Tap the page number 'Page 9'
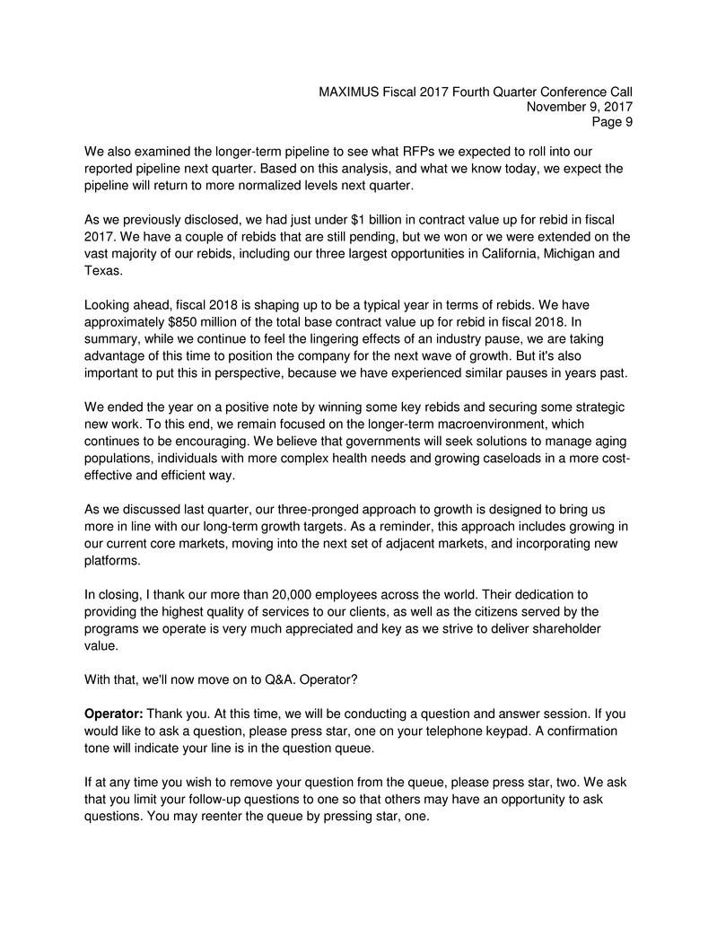(612, 123)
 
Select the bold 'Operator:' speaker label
(114, 714)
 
